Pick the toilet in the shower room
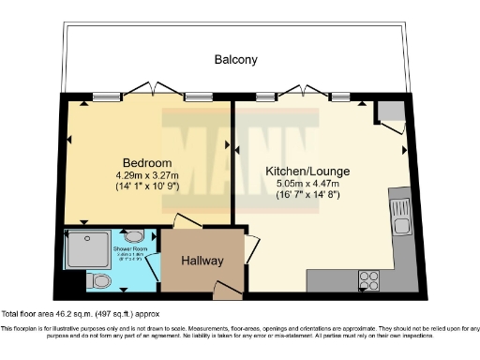click(x=99, y=280)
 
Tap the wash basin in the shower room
click(x=134, y=237)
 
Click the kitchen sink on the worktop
click(x=402, y=215)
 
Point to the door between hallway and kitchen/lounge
click(x=250, y=247)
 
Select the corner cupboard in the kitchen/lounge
click(x=389, y=112)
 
